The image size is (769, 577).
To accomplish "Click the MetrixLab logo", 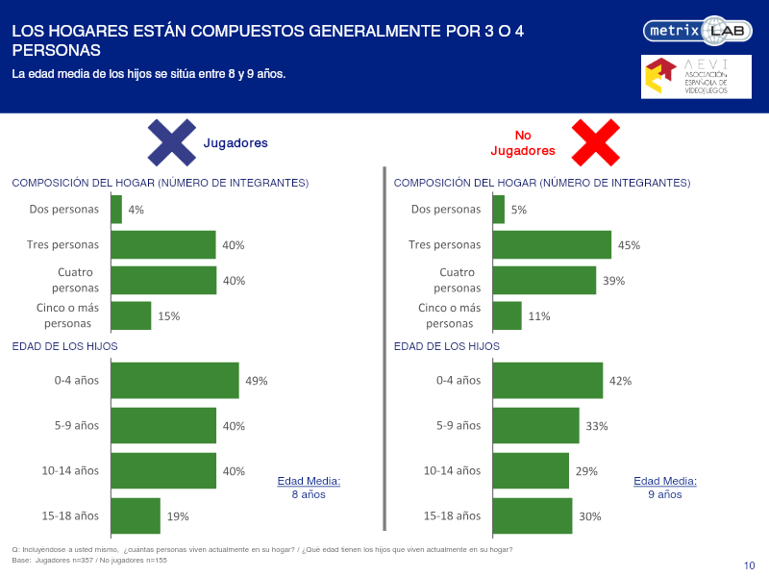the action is tap(698, 31).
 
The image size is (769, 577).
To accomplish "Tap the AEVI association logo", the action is tap(696, 77).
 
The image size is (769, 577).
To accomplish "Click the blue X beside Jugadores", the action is tap(172, 142).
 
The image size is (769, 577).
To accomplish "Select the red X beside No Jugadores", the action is tap(595, 142).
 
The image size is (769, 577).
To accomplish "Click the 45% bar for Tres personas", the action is tap(552, 244).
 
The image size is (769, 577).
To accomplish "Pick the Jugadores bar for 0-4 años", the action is tap(175, 380).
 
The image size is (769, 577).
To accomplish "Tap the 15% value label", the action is tap(169, 316).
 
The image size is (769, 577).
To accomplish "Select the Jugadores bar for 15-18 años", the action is tap(136, 515).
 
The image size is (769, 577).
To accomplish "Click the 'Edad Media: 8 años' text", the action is tap(309, 488).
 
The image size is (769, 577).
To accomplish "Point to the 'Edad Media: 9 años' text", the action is tap(665, 488).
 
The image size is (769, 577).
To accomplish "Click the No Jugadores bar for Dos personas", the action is tap(499, 209).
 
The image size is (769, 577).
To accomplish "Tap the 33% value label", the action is tap(597, 426).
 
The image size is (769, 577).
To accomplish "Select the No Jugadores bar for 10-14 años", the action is tap(532, 470).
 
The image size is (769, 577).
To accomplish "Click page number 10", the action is tap(750, 565).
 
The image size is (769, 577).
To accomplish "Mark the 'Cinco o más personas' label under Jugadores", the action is tap(67, 315).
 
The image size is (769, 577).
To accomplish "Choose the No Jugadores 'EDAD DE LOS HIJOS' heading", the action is tap(447, 346).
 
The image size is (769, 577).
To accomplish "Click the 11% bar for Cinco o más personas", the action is tap(508, 315).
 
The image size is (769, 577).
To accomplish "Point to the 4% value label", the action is tap(136, 210).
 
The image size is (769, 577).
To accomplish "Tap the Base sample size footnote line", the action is tap(89, 560).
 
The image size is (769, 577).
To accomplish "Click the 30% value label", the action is tap(590, 516).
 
